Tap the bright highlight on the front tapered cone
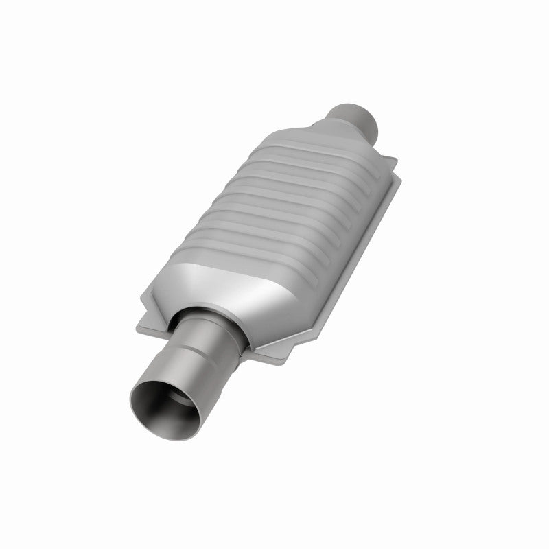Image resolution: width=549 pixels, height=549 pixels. coord(274,288)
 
